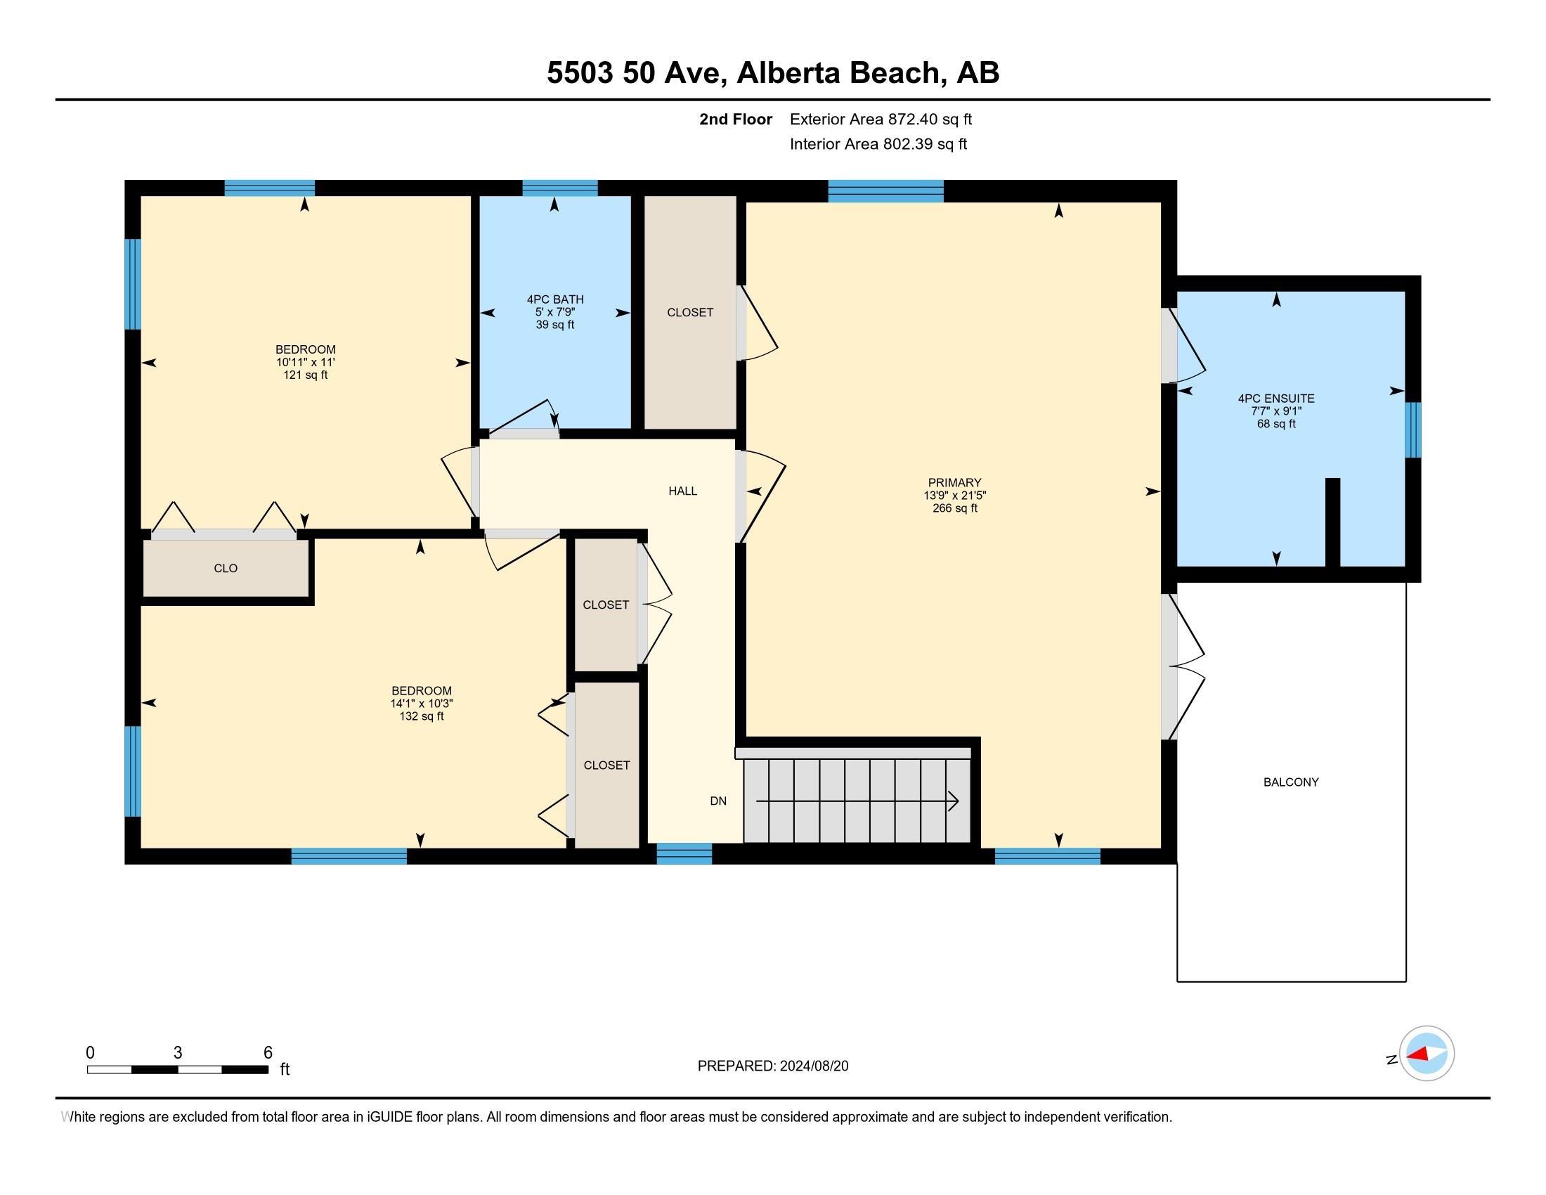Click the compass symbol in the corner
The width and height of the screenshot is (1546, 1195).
pyautogui.click(x=1427, y=1054)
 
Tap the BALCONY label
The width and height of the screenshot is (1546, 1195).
pyautogui.click(x=1290, y=782)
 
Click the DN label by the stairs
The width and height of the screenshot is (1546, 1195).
pyautogui.click(x=717, y=801)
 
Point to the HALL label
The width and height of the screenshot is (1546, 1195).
pyautogui.click(x=682, y=491)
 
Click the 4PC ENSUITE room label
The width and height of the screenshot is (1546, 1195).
pyautogui.click(x=1276, y=399)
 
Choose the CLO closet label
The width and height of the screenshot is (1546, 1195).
pyautogui.click(x=225, y=569)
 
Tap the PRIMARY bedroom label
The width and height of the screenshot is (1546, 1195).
pyautogui.click(x=954, y=483)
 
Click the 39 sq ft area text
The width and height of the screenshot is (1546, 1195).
pyautogui.click(x=555, y=325)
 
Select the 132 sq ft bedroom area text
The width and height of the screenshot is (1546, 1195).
pyautogui.click(x=421, y=716)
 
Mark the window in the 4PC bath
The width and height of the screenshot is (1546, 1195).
pyautogui.click(x=560, y=188)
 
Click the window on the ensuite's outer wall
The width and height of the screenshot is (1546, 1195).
pyautogui.click(x=1413, y=430)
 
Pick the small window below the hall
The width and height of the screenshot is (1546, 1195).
pyautogui.click(x=684, y=854)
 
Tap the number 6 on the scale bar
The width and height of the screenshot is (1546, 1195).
pyautogui.click(x=268, y=1053)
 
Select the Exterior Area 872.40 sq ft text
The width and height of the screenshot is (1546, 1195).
pyautogui.click(x=881, y=119)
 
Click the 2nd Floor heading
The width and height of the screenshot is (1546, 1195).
pyautogui.click(x=736, y=119)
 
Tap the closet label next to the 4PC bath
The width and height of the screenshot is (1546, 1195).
pyautogui.click(x=690, y=312)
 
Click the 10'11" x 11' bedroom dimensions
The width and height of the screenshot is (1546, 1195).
pyautogui.click(x=305, y=363)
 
